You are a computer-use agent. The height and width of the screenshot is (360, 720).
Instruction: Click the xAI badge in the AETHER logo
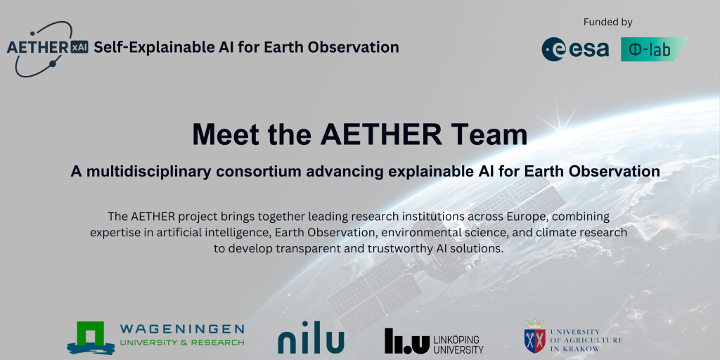pyautogui.click(x=79, y=47)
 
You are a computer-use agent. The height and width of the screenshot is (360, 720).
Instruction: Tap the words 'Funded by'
pyautogui.click(x=608, y=22)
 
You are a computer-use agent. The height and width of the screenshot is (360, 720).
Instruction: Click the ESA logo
pyautogui.click(x=575, y=49)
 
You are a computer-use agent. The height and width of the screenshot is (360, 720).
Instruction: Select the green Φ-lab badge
pyautogui.click(x=654, y=49)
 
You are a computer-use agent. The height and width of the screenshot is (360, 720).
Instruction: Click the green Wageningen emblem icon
pyautogui.click(x=91, y=337)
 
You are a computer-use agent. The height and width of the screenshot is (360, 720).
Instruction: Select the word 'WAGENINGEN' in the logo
pyautogui.click(x=182, y=329)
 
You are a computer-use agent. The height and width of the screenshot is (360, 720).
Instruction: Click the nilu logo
pyautogui.click(x=311, y=337)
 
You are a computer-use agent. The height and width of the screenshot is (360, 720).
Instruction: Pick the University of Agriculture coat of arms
pyautogui.click(x=535, y=337)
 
